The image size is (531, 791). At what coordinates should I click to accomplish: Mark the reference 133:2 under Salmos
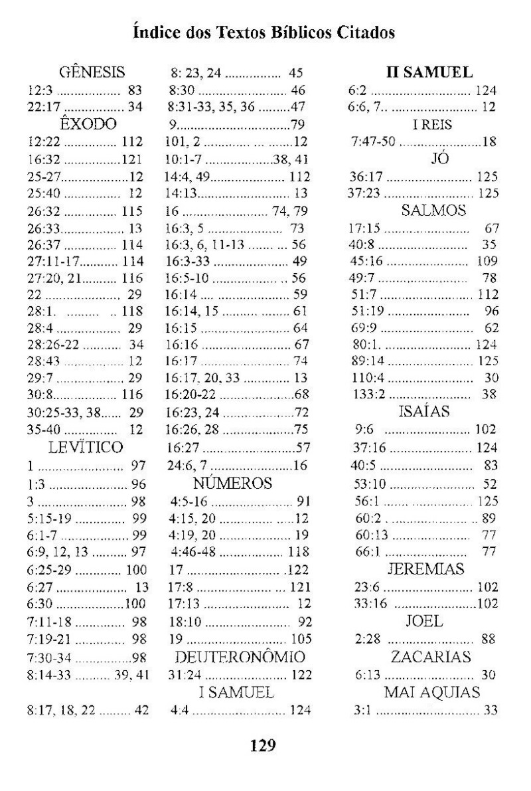pos(364,394)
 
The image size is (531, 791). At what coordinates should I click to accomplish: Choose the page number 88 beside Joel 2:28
pos(491,640)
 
